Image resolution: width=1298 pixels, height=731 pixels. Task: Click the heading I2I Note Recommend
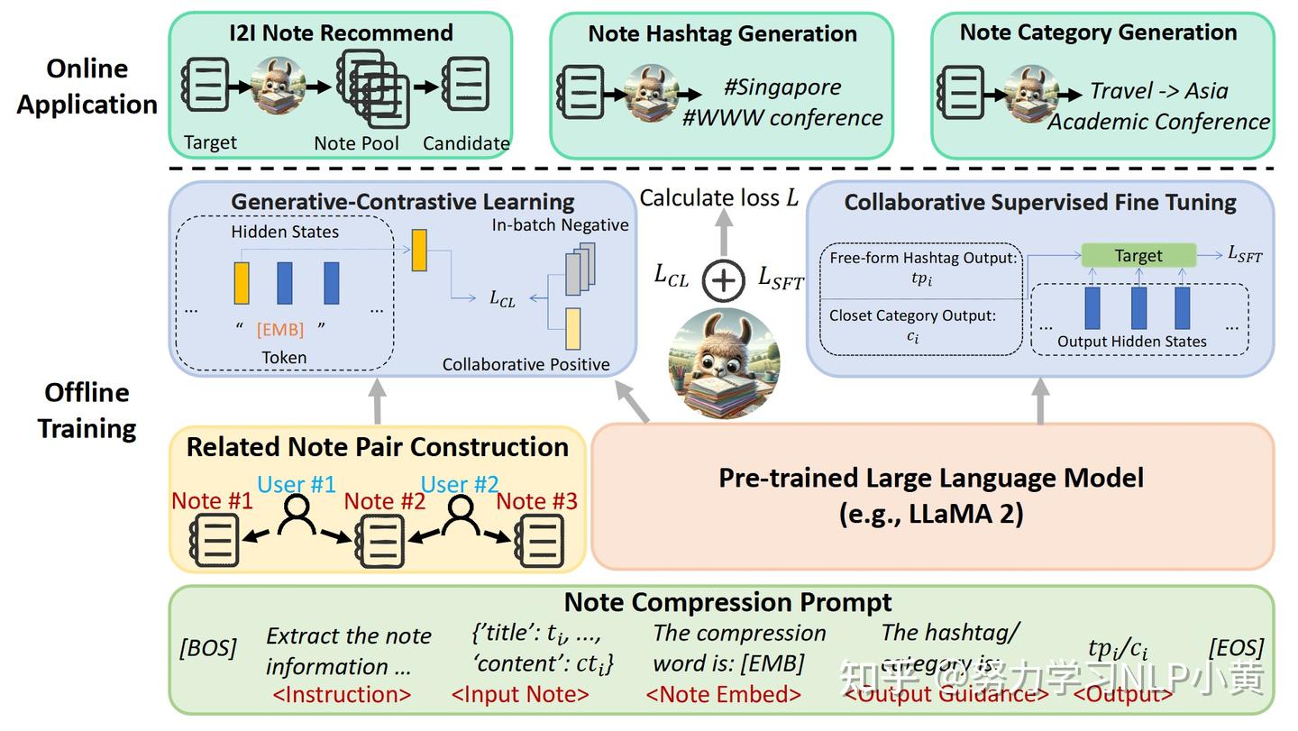coord(341,33)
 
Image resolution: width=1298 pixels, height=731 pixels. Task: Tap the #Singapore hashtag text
coord(782,87)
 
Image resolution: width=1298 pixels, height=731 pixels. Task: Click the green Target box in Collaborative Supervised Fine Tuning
coord(1138,255)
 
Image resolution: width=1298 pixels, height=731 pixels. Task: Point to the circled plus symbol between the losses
coord(723,280)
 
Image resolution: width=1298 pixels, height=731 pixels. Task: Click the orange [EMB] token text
coord(280,329)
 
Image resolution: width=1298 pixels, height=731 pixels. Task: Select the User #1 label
coord(296,484)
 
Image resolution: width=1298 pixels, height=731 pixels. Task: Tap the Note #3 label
coord(536,501)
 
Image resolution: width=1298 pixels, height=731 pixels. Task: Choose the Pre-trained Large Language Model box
coord(931,496)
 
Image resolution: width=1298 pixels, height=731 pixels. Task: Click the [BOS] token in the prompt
coord(208,648)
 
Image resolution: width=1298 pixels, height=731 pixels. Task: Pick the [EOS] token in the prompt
coord(1236,648)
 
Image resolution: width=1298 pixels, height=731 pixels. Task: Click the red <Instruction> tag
coord(342,694)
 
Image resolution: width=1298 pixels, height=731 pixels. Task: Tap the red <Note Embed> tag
coord(724,694)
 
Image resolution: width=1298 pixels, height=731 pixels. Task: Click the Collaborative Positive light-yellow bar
coord(573,328)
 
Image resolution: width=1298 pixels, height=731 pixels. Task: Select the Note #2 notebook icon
coord(380,543)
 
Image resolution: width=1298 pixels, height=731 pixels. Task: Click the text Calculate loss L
coord(718,197)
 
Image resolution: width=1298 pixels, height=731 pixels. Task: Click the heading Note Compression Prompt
coord(727,601)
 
